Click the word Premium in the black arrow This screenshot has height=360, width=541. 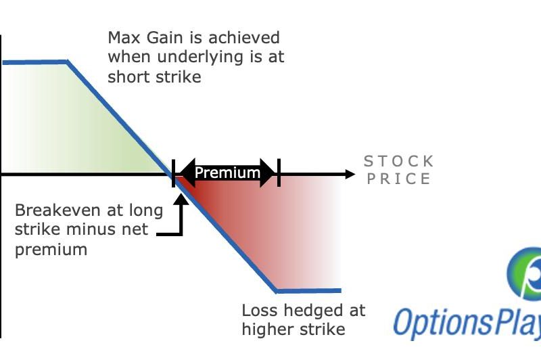(x=227, y=173)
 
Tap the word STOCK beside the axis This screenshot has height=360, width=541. (x=398, y=161)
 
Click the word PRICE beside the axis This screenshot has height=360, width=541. (x=398, y=179)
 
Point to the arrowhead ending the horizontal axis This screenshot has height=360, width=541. (x=350, y=174)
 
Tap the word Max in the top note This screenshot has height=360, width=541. (x=124, y=38)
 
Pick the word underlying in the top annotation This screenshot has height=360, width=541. (x=200, y=58)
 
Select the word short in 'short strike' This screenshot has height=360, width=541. (x=129, y=76)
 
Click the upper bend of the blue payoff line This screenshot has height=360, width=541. (x=67, y=62)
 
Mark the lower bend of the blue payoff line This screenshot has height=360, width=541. (x=277, y=291)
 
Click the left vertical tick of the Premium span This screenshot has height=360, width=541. (x=173, y=173)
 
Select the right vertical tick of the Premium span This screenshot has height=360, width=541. (x=279, y=173)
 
